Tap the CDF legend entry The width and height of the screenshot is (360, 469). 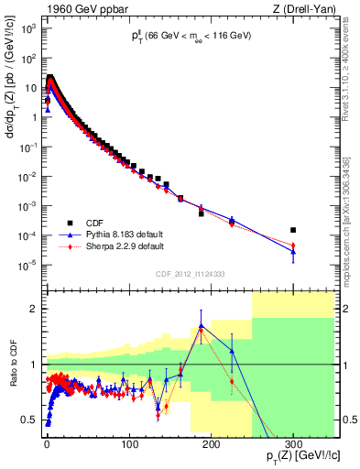click(x=93, y=223)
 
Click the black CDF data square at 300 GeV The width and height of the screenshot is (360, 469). click(x=293, y=230)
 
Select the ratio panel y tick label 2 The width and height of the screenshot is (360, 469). click(x=35, y=309)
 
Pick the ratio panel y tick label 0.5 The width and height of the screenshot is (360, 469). click(x=31, y=420)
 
